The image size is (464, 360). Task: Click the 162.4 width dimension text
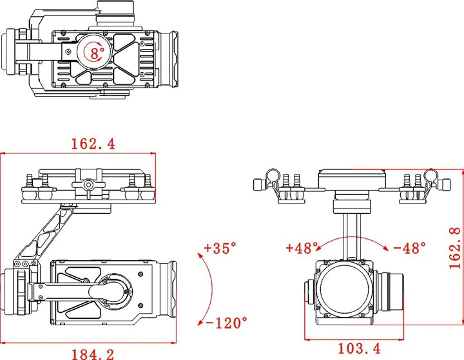coord(93,144)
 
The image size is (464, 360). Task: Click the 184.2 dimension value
coord(93,352)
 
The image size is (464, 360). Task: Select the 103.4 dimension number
coord(358,349)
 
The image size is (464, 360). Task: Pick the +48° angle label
coord(303,247)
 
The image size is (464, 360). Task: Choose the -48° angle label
coord(409,247)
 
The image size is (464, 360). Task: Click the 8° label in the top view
coord(97,53)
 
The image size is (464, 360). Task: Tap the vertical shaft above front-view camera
coord(352,235)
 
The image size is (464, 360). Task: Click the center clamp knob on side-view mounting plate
coord(89,185)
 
